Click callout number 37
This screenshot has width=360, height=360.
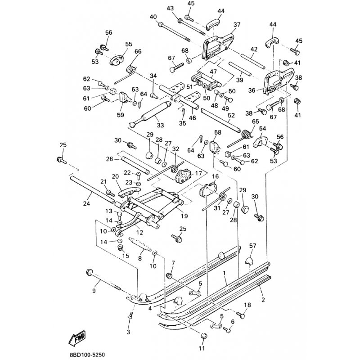click(x=237, y=24)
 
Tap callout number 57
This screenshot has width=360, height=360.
click(x=252, y=245)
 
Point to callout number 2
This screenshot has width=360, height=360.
click(x=262, y=297)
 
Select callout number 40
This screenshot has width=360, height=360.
click(x=153, y=17)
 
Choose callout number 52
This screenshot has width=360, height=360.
click(x=231, y=115)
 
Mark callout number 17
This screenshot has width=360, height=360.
click(x=198, y=172)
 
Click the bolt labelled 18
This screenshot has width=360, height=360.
click(x=239, y=315)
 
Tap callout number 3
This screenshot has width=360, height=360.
click(x=128, y=332)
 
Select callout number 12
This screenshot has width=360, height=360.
click(x=139, y=232)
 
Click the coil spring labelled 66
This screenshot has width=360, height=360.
click(x=132, y=70)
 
